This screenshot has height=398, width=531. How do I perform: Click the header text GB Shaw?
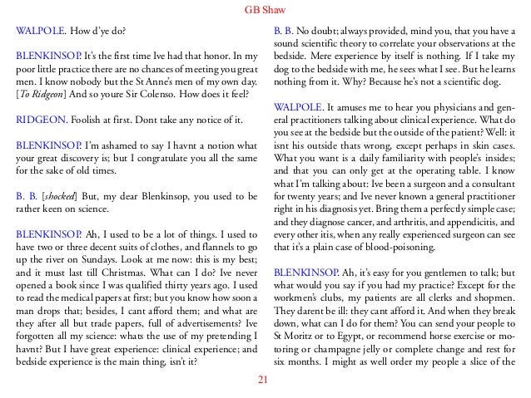265,11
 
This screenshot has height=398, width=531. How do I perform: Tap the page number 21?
265,381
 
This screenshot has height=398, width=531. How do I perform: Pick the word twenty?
302,188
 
